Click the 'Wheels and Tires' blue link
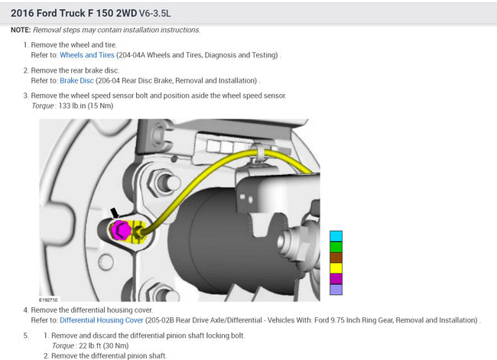[87, 55]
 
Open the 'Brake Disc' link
[76, 80]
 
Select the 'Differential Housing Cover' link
[102, 320]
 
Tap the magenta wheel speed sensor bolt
[121, 230]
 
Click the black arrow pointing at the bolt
[115, 213]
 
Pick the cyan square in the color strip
[336, 236]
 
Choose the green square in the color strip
[336, 247]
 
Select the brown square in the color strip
[336, 258]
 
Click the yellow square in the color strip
[336, 268]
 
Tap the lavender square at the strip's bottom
[336, 290]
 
